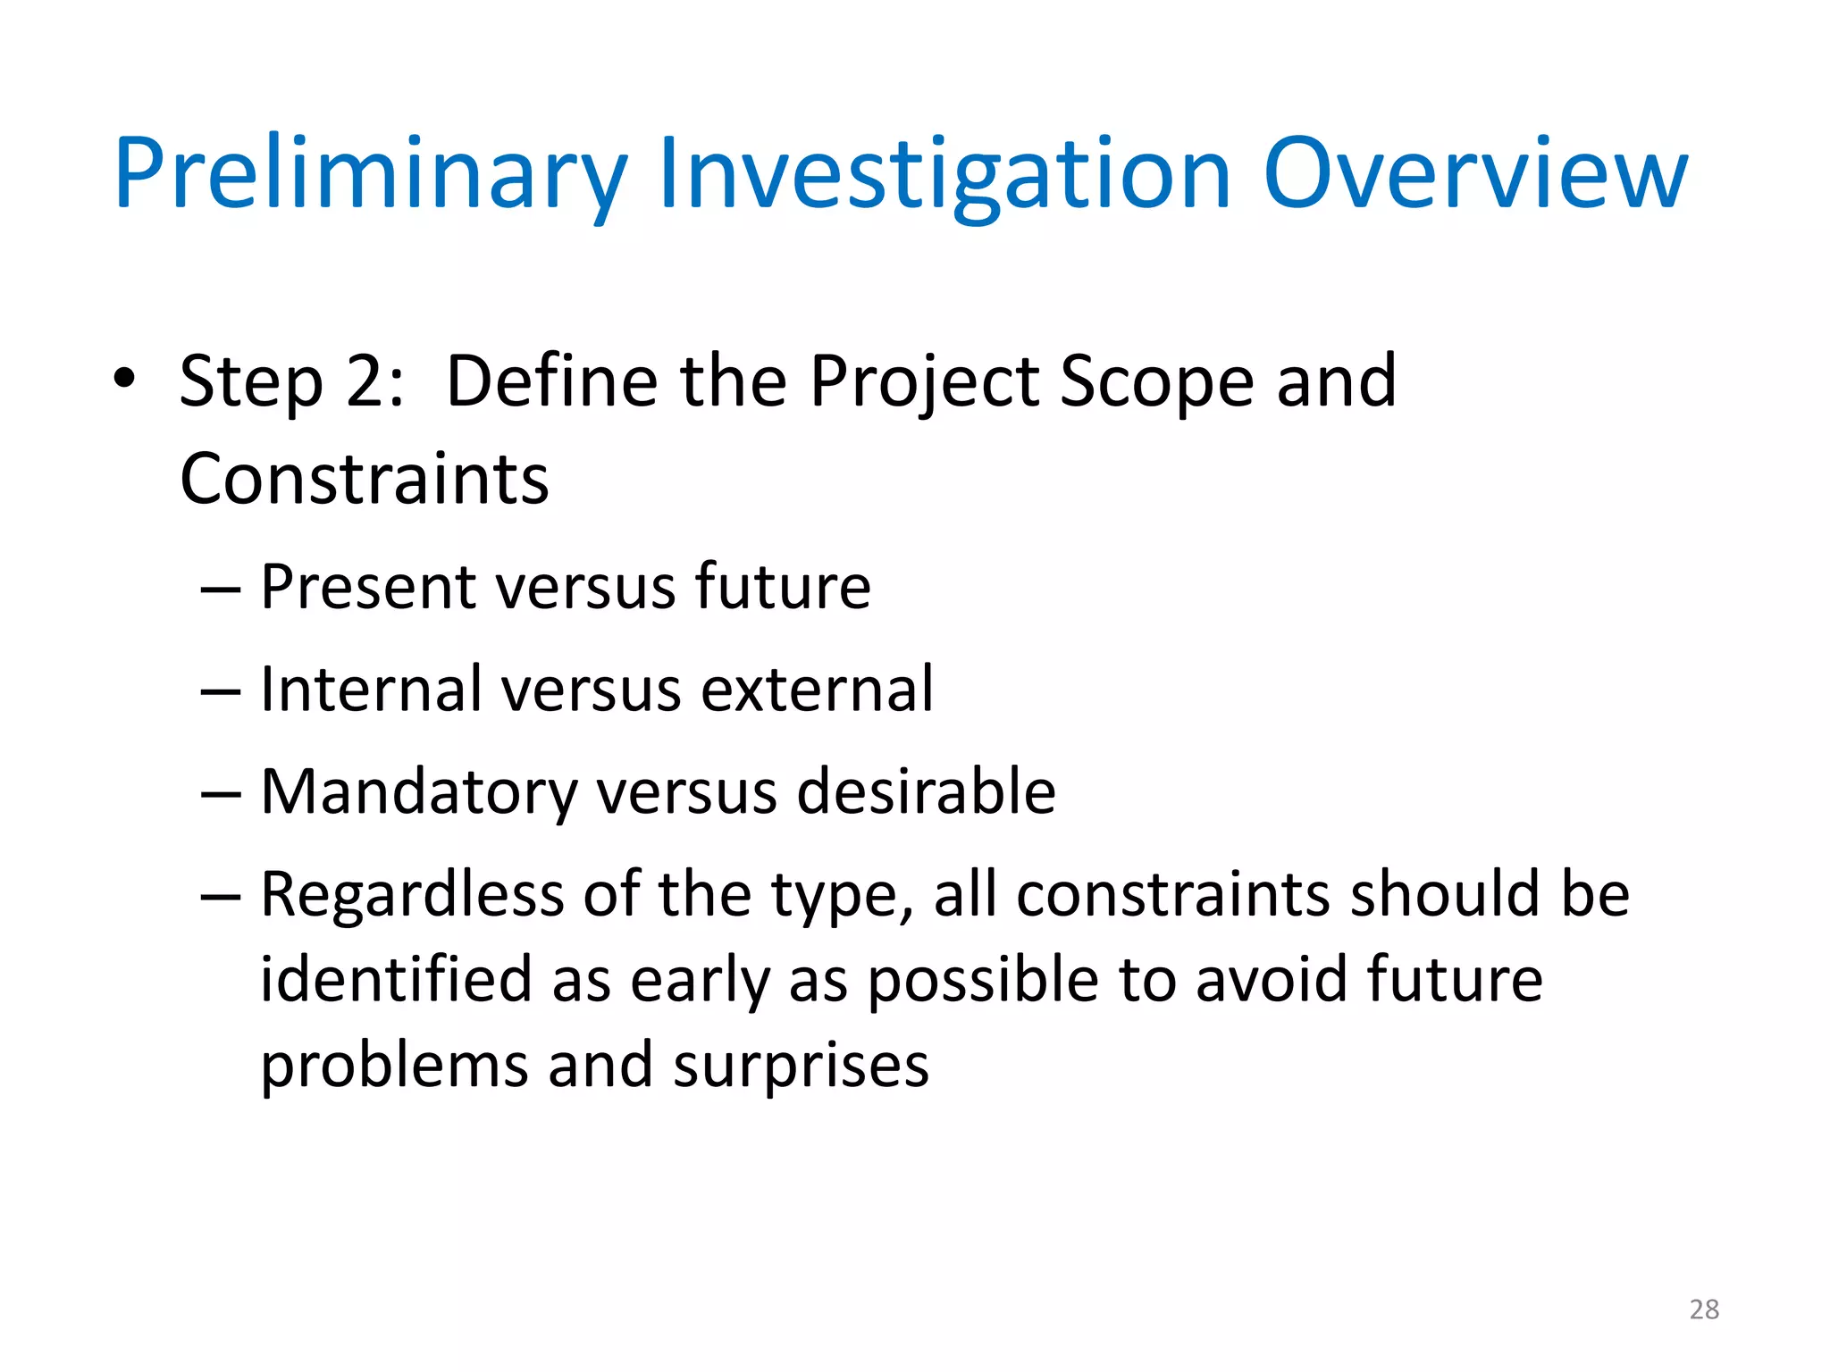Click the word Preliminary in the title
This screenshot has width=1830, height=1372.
pos(371,174)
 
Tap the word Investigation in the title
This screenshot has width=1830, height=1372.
pos(944,174)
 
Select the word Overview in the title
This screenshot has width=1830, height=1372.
pos(1475,174)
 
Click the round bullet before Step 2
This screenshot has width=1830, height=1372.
pos(124,379)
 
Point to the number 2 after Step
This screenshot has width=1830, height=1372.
pos(365,382)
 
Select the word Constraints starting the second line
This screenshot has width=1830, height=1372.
pos(364,480)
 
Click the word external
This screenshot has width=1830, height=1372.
pos(817,690)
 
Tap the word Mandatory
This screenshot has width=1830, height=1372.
pos(419,793)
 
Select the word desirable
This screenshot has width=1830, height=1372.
pos(926,792)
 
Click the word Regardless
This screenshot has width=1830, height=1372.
pos(412,894)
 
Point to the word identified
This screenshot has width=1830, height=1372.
pos(396,980)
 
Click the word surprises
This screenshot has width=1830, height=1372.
pos(801,1067)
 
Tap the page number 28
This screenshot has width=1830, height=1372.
pos(1704,1309)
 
